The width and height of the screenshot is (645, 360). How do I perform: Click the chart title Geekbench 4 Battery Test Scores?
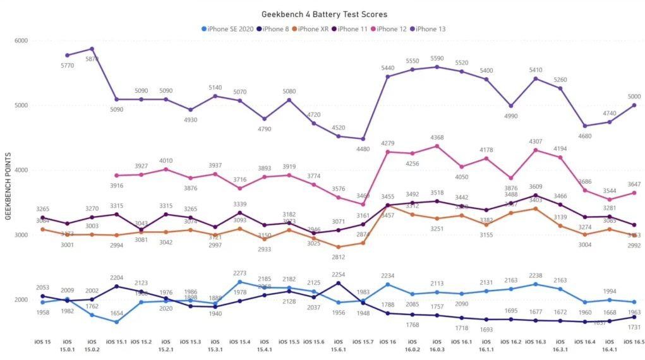(x=325, y=14)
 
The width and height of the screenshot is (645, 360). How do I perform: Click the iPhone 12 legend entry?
(x=390, y=28)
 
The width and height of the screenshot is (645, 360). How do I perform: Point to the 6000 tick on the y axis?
(x=21, y=41)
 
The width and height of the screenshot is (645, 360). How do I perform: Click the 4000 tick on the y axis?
(x=21, y=171)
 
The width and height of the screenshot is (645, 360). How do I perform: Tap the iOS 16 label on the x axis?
(x=388, y=341)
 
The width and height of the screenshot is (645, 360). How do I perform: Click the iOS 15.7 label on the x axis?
(x=363, y=341)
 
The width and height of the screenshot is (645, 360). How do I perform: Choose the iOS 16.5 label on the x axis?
(x=634, y=341)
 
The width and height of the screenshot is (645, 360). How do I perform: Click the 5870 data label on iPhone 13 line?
(x=92, y=59)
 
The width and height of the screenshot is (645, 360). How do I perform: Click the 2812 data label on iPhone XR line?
(x=339, y=257)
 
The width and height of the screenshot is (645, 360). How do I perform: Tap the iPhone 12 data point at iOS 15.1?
(x=117, y=176)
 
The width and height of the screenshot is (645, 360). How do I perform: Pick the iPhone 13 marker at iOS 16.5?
(x=634, y=105)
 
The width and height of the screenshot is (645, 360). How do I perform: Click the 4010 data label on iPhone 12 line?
(x=166, y=160)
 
